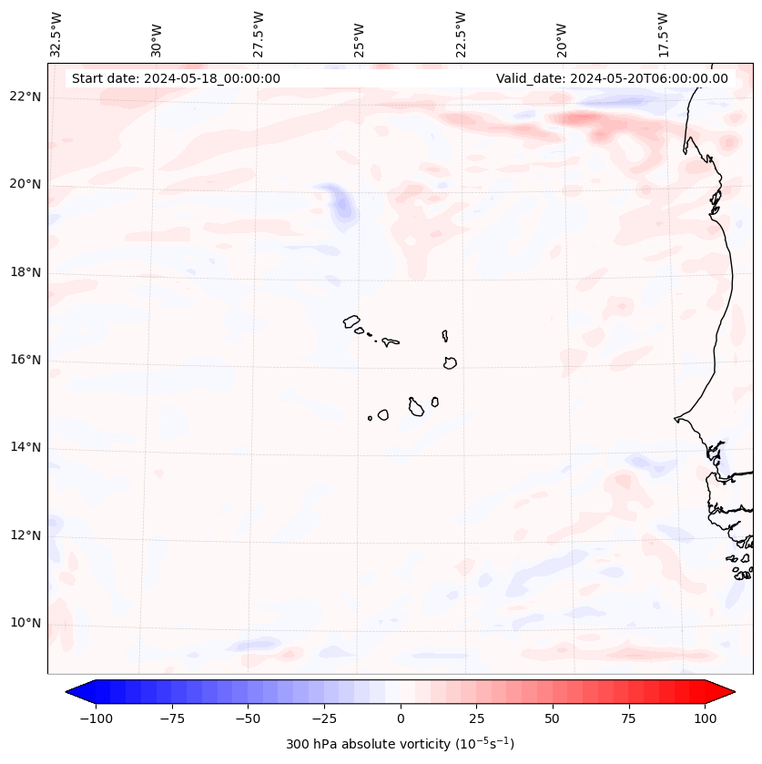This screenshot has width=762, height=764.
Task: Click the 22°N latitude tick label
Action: pos(25,97)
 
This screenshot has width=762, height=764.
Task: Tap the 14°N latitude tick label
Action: pos(25,447)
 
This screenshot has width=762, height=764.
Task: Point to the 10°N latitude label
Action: pos(25,623)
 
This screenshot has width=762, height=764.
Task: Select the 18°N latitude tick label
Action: pos(25,272)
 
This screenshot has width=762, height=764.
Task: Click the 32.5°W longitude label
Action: pos(56,35)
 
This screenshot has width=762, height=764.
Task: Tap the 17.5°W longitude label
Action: pos(663,35)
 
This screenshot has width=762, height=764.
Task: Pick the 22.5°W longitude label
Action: pos(461,35)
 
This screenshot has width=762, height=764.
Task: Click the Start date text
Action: pos(176,78)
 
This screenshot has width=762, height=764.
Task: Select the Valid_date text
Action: pos(612,78)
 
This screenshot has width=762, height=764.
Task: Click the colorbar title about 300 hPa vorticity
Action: pos(400,744)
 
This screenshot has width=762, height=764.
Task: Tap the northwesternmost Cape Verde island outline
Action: pos(351,321)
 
